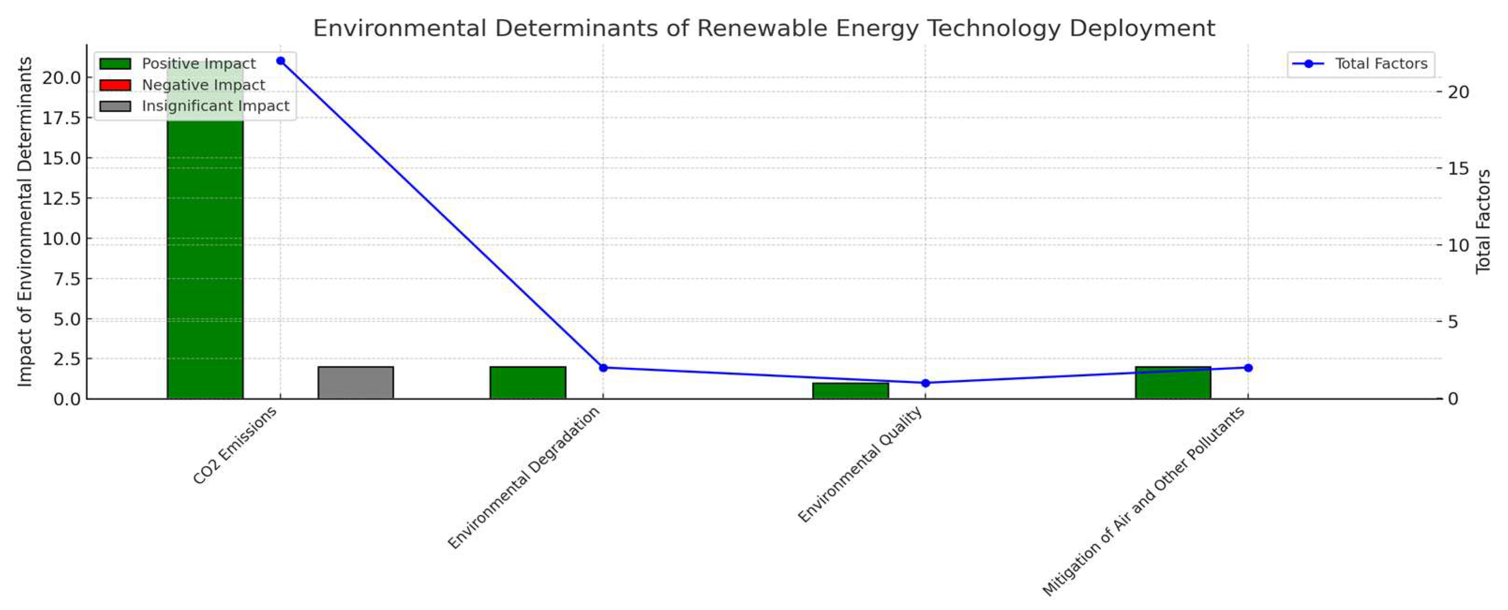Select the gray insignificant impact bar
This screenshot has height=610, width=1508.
click(x=356, y=383)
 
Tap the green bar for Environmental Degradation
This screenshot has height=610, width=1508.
click(x=527, y=383)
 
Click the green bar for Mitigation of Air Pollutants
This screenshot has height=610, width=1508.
click(x=1173, y=383)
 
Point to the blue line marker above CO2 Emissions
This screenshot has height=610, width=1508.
click(x=281, y=61)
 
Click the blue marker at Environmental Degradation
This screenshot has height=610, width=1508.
click(x=603, y=368)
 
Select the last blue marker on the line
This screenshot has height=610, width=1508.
click(x=1248, y=368)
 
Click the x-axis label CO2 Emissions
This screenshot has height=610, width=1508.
click(x=234, y=446)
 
